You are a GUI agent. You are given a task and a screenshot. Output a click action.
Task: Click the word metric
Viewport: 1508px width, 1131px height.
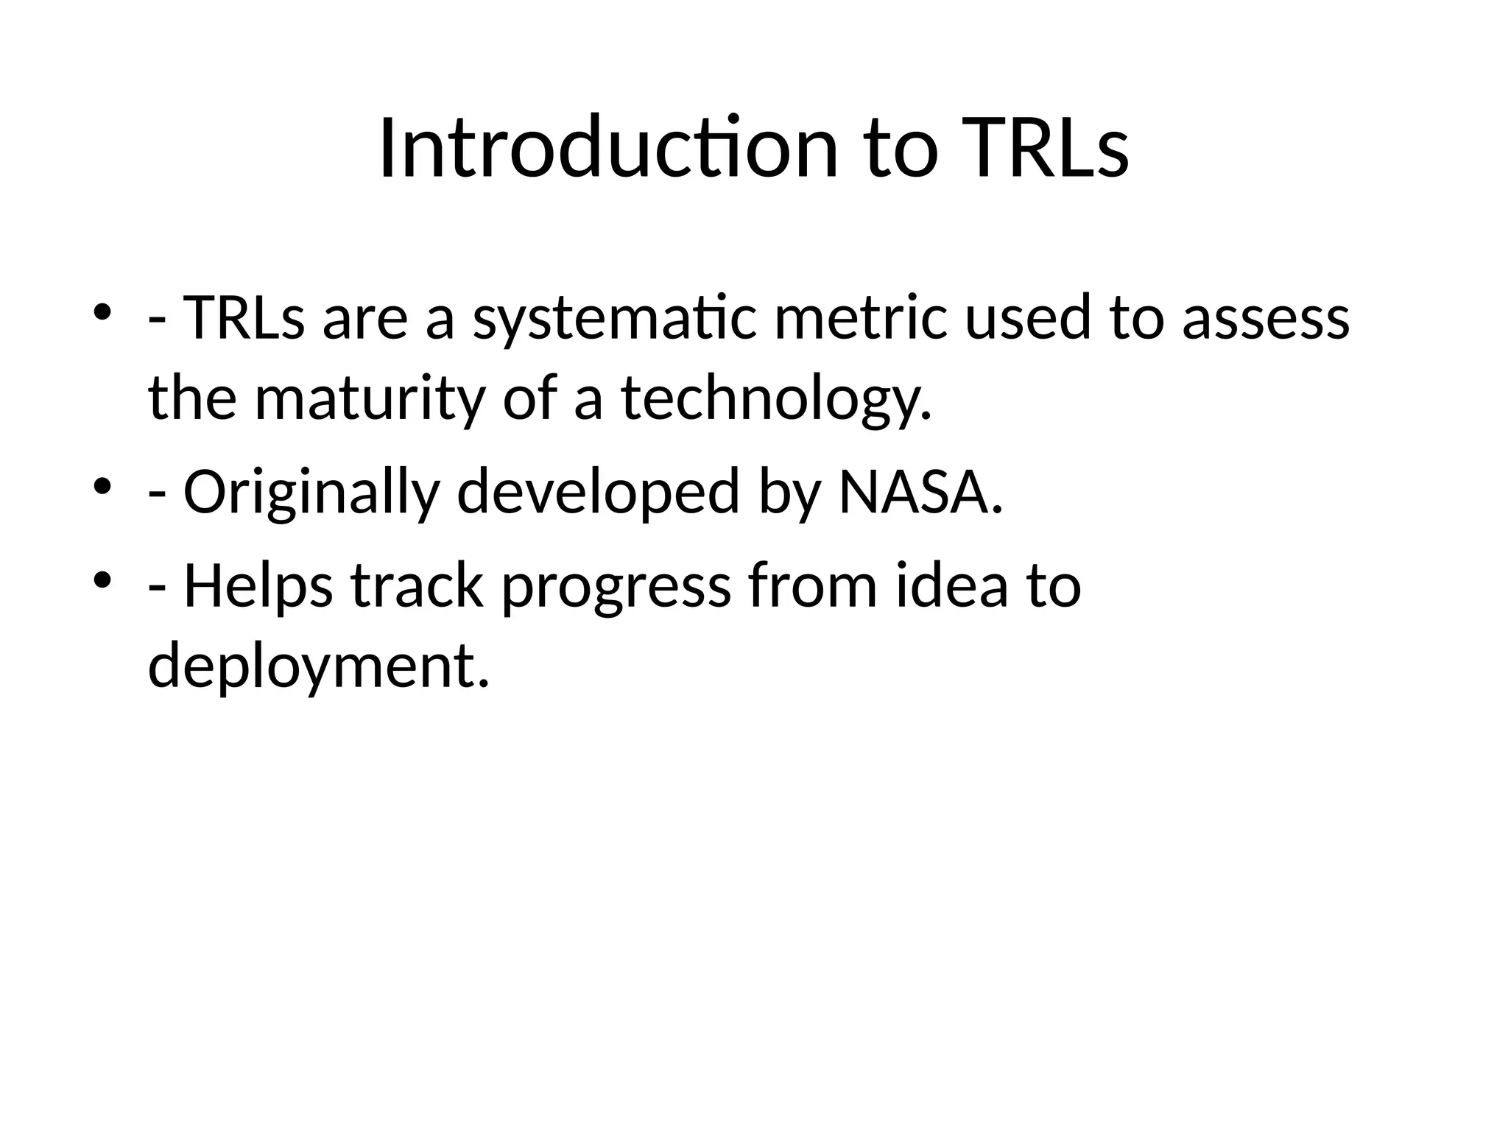tap(860, 319)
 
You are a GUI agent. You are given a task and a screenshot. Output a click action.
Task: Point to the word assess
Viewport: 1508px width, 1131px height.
tap(1265, 319)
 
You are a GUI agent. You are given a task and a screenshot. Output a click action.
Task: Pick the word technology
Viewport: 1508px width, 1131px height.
tap(777, 398)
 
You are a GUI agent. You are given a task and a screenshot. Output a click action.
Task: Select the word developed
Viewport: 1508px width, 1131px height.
tap(598, 493)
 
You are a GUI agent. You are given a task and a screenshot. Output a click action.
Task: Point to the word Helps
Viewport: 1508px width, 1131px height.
tap(258, 587)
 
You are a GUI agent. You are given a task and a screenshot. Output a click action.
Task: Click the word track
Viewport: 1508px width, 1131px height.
tap(417, 587)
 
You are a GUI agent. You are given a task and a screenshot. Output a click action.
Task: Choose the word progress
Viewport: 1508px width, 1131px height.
tap(616, 587)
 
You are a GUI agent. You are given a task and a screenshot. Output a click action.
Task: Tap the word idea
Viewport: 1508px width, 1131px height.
tap(951, 587)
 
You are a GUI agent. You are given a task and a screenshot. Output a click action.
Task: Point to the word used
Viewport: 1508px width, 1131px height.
tap(1026, 319)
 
